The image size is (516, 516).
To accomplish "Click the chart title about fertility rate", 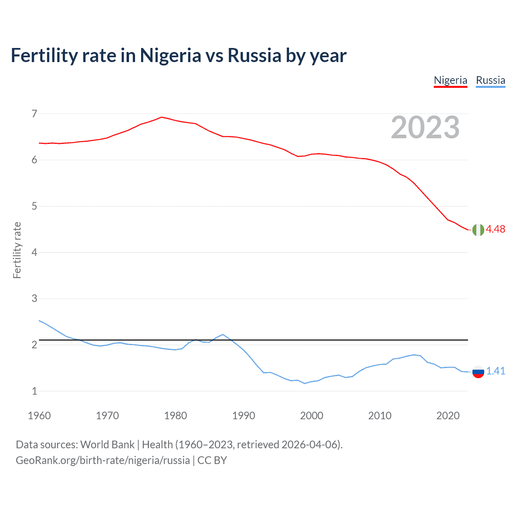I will click(x=179, y=55).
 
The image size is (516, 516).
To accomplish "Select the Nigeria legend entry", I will click(x=450, y=80).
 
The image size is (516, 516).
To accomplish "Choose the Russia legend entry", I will click(x=490, y=80).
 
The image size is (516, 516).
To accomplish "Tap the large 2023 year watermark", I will click(x=425, y=127).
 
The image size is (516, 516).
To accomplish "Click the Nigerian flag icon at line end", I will click(x=478, y=229).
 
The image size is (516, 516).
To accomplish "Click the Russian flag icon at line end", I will click(x=478, y=371).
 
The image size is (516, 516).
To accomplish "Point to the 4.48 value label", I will click(x=495, y=229).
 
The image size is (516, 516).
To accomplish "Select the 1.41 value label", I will click(x=495, y=371).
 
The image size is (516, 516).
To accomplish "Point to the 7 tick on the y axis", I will click(x=34, y=114).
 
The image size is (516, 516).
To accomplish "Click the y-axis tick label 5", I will click(x=34, y=206).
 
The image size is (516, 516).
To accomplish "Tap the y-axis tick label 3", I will click(x=34, y=299).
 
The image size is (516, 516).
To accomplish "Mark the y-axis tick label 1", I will click(x=34, y=391).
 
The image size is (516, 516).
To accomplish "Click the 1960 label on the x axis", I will click(x=39, y=416).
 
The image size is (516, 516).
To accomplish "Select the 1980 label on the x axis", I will click(x=175, y=416).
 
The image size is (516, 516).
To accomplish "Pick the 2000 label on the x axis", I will click(x=312, y=416).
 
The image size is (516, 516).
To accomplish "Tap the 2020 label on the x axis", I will click(x=448, y=416).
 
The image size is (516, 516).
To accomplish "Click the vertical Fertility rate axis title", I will click(x=17, y=250).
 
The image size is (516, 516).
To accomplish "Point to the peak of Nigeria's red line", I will click(x=162, y=117).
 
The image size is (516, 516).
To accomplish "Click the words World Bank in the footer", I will click(x=107, y=445).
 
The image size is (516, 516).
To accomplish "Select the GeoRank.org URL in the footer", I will click(x=103, y=460).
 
